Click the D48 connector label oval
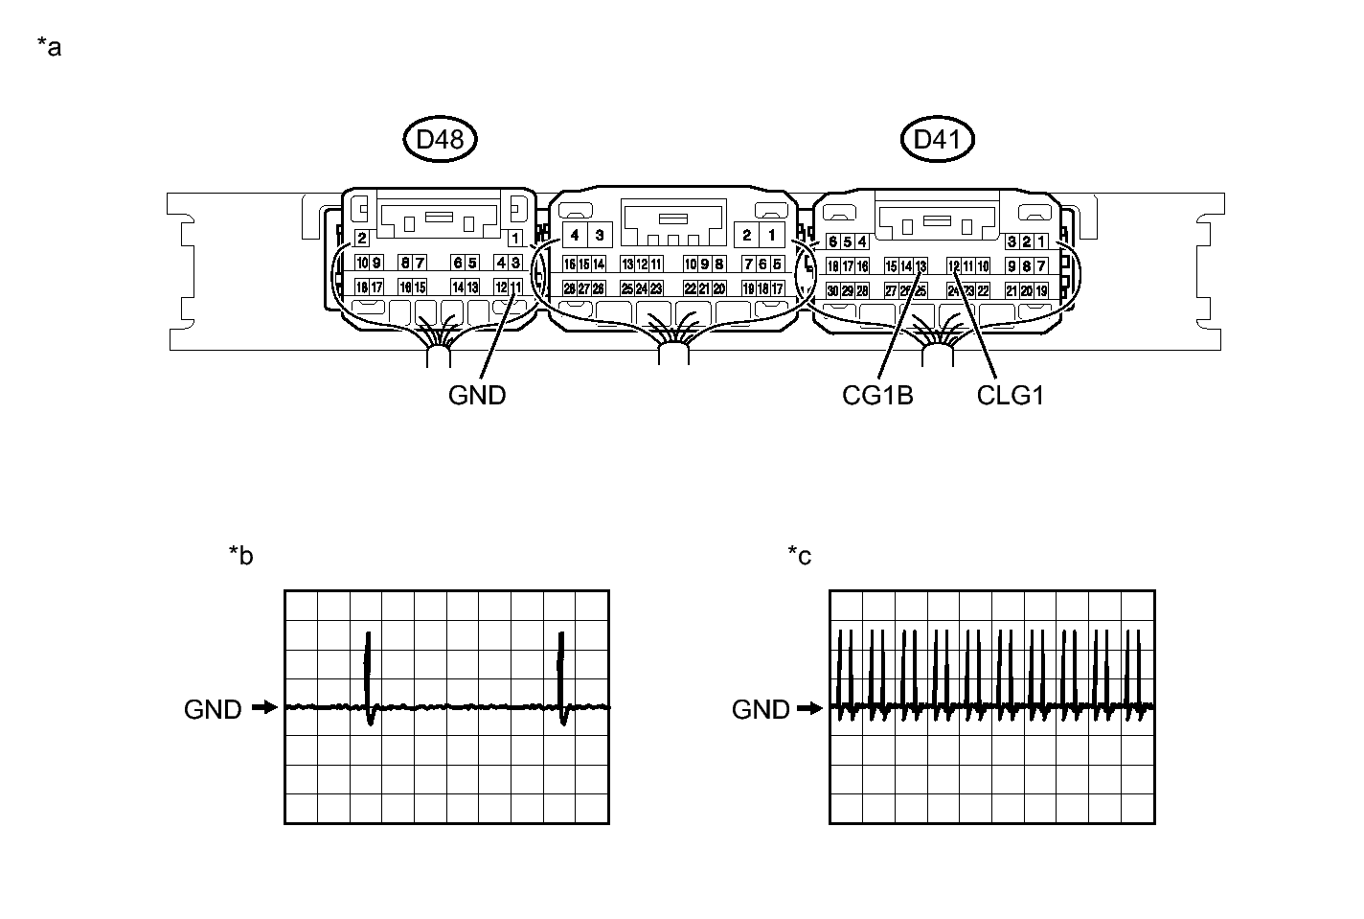pos(440,140)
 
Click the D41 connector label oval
pos(938,140)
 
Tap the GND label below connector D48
pos(477,395)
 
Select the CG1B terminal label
pos(877,395)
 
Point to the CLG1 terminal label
pos(1010,395)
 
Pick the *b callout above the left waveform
pos(241,555)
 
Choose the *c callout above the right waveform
pos(800,555)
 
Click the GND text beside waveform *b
pos(213,709)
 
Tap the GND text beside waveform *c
pos(761,709)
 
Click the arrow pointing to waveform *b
pos(264,708)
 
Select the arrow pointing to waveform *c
pos(810,708)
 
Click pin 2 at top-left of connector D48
pos(361,238)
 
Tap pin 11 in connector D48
pos(516,287)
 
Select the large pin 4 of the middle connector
pos(575,235)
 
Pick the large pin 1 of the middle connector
pos(771,235)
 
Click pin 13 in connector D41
pos(921,266)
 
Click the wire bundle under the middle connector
pos(673,353)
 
